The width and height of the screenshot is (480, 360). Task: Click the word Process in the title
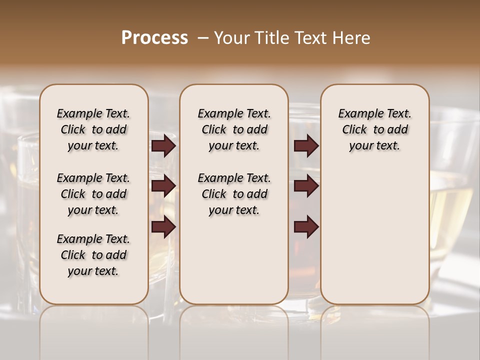pyautogui.click(x=154, y=38)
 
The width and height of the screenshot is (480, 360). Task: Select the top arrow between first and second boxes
pyautogui.click(x=163, y=146)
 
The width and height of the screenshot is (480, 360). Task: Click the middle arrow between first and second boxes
pyautogui.click(x=163, y=186)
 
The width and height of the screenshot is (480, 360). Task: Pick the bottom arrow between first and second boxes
pyautogui.click(x=163, y=227)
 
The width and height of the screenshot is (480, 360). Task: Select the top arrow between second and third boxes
pyautogui.click(x=306, y=146)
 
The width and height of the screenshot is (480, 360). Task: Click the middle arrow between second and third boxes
pyautogui.click(x=306, y=186)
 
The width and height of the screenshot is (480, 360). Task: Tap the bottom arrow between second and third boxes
pyautogui.click(x=306, y=227)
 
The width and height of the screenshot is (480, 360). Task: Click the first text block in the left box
pyautogui.click(x=93, y=129)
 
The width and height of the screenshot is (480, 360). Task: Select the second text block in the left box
pyautogui.click(x=93, y=194)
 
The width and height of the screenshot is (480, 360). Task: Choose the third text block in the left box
pyautogui.click(x=93, y=255)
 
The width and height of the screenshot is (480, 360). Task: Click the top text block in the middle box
pyautogui.click(x=234, y=129)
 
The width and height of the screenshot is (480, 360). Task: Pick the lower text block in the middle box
pyautogui.click(x=234, y=194)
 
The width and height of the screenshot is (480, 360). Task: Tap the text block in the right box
pyautogui.click(x=374, y=129)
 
